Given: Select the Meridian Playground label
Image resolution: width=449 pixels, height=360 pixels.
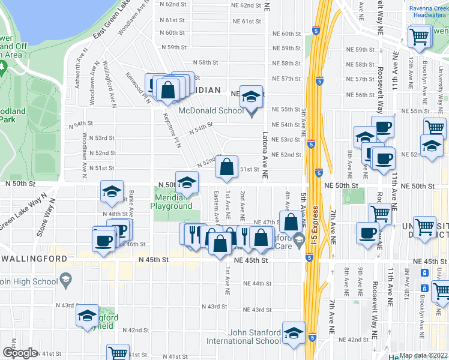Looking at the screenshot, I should (173, 201).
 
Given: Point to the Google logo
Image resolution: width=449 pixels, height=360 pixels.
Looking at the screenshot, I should (20, 353).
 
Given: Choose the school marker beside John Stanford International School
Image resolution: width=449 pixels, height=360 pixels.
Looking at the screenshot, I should (294, 335).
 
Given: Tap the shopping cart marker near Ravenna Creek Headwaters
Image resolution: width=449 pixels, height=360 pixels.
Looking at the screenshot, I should (419, 37).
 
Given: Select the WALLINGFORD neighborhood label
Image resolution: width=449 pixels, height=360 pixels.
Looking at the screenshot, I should (33, 259).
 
